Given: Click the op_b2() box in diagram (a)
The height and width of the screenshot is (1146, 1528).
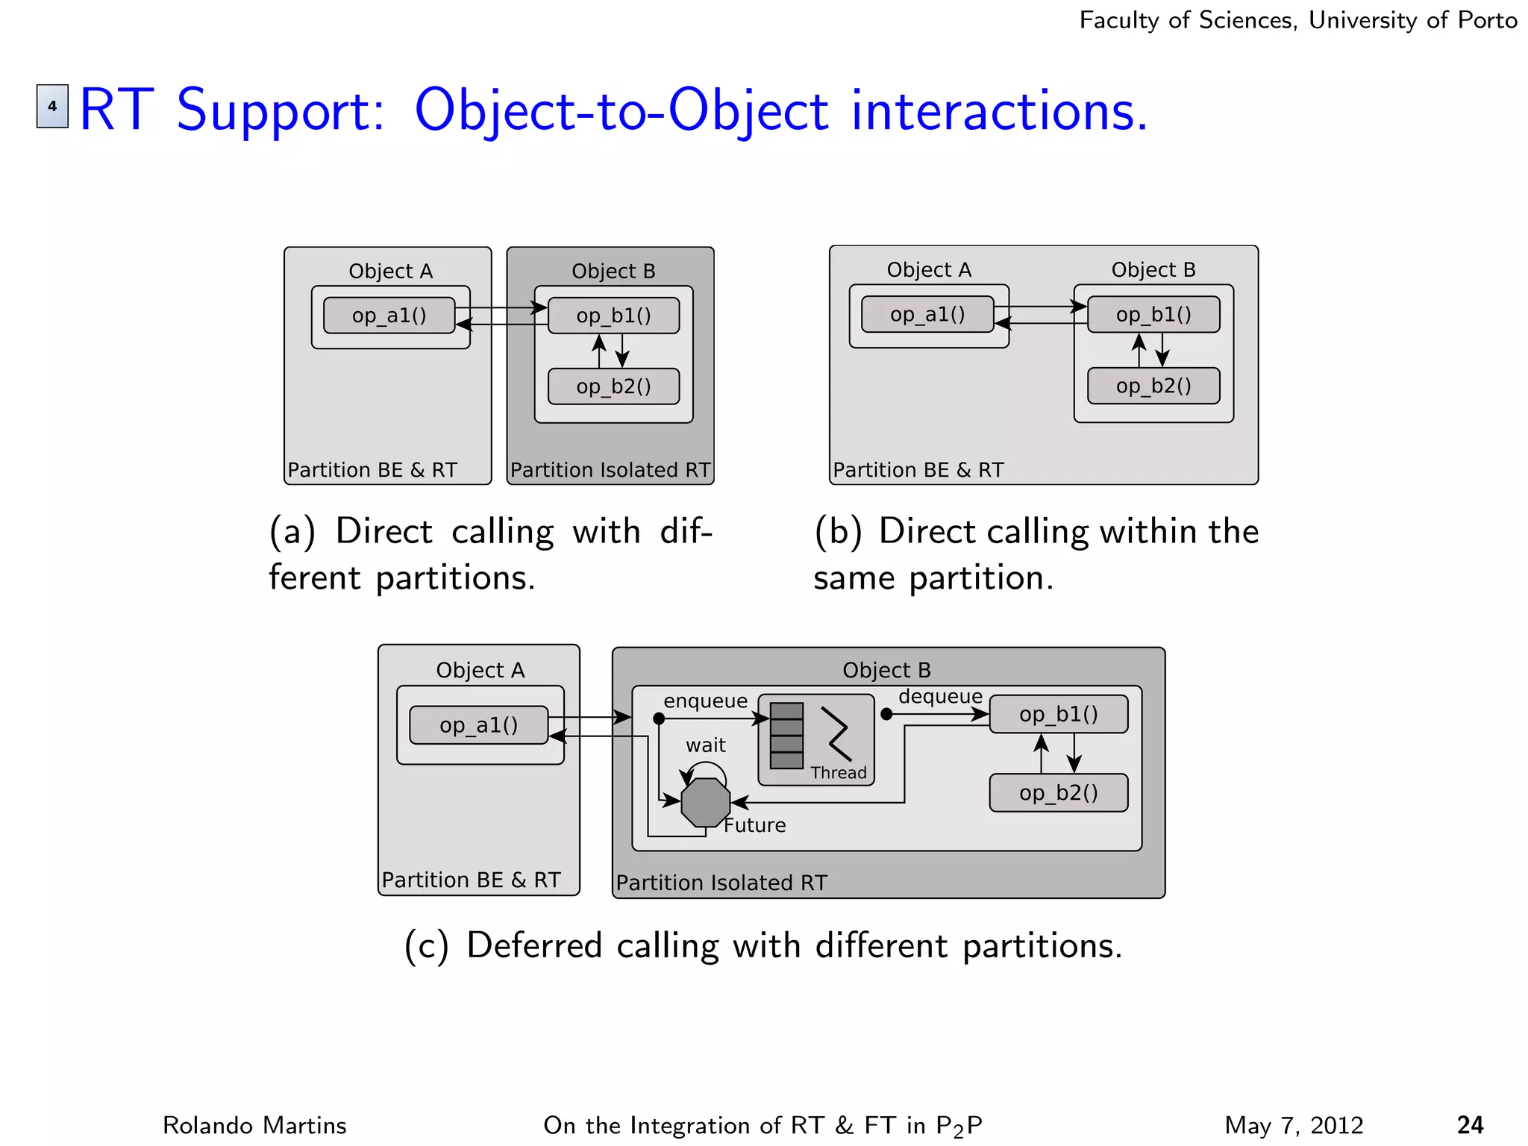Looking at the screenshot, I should pyautogui.click(x=613, y=386).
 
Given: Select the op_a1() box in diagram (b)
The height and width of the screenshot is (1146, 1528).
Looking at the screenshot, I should pyautogui.click(x=927, y=314).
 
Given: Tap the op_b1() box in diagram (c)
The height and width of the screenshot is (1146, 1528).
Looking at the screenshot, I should pyautogui.click(x=1058, y=714).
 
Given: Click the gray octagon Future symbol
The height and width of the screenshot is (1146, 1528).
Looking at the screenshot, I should pyautogui.click(x=705, y=803).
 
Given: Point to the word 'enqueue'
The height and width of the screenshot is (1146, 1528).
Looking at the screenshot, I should pyautogui.click(x=705, y=701).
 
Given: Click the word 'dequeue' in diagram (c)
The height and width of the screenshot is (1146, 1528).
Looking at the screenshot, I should pyautogui.click(x=940, y=697).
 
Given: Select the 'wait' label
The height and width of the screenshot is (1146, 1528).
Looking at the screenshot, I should pyautogui.click(x=705, y=745).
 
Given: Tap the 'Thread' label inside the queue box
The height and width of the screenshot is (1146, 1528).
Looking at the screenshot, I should pyautogui.click(x=839, y=773).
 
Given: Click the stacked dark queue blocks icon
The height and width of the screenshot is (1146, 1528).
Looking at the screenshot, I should pyautogui.click(x=786, y=736).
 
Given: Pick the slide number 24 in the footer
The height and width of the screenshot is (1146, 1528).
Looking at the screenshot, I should pyautogui.click(x=1470, y=1125).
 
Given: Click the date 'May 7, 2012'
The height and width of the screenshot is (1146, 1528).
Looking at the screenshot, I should pyautogui.click(x=1294, y=1125).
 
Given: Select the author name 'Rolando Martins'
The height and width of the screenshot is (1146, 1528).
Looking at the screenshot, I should pyautogui.click(x=254, y=1125).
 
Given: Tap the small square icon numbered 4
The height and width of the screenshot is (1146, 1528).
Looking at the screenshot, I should pyautogui.click(x=52, y=106).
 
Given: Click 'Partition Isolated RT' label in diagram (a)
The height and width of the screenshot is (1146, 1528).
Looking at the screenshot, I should pyautogui.click(x=610, y=470).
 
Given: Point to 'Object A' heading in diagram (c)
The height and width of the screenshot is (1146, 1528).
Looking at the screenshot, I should pyautogui.click(x=480, y=670).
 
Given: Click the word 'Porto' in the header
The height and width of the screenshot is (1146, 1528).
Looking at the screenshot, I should pyautogui.click(x=1488, y=20).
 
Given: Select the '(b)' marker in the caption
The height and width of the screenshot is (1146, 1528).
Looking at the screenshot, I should pyautogui.click(x=837, y=532).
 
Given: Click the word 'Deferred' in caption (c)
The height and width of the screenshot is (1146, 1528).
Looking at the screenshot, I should pyautogui.click(x=533, y=946).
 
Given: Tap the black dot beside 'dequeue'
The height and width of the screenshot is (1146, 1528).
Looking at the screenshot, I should pyautogui.click(x=886, y=714).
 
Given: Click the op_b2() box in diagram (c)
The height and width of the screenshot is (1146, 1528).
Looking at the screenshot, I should pyautogui.click(x=1058, y=792).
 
